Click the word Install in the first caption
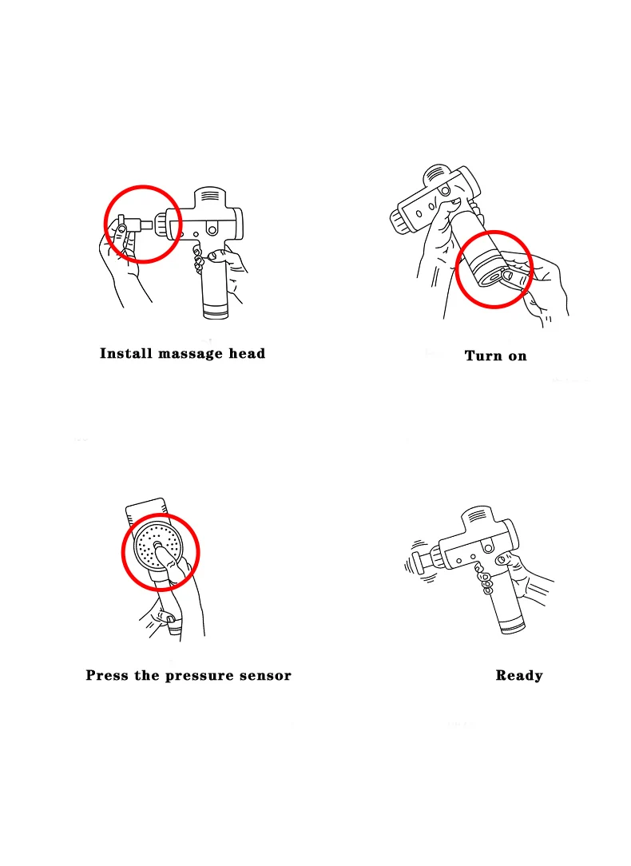(x=126, y=353)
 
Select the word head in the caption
(x=248, y=353)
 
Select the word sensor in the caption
(x=265, y=676)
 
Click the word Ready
(x=519, y=676)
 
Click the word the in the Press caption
(x=147, y=675)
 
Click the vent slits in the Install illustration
(x=210, y=197)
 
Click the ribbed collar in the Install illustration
(x=161, y=224)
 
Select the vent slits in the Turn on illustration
(x=436, y=176)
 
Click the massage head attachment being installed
(x=135, y=225)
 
